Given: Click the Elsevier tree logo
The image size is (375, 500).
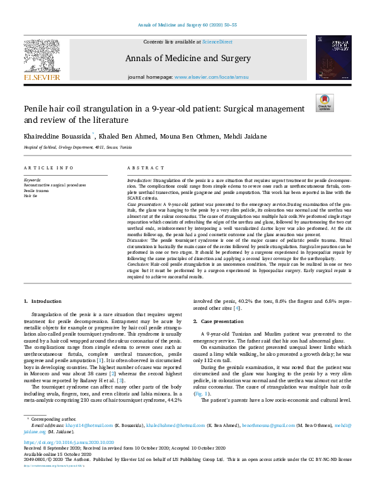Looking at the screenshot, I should (x=42, y=59).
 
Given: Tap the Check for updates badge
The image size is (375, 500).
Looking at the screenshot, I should (x=325, y=103).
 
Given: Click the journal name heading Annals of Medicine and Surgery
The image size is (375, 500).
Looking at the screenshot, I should (x=187, y=59).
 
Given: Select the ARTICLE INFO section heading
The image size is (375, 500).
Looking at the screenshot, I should (x=48, y=168).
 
